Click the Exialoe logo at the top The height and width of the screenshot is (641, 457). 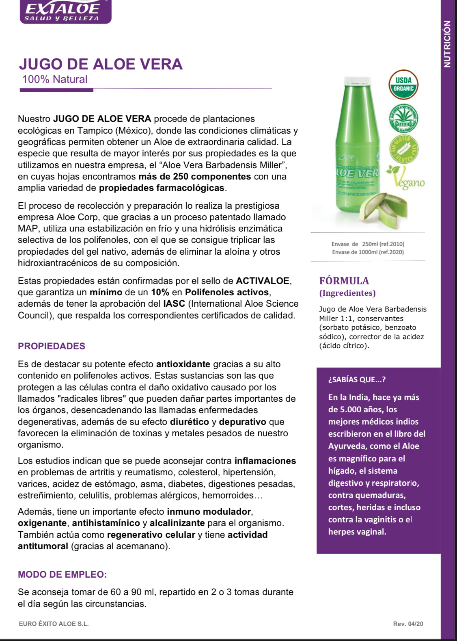(x=65, y=11)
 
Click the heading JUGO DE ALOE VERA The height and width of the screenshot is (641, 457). (x=101, y=64)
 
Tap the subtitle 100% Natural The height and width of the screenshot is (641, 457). (x=55, y=79)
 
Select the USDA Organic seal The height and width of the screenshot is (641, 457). (x=403, y=85)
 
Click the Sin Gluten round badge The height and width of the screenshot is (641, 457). (x=403, y=149)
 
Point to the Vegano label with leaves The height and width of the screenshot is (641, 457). (x=406, y=178)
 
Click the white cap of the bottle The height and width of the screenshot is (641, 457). (x=358, y=81)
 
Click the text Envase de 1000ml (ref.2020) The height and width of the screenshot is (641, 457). (x=368, y=252)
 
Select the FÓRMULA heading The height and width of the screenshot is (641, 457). (x=344, y=281)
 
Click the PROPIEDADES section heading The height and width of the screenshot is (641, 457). (x=52, y=346)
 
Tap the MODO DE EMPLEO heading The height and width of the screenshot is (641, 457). (x=63, y=574)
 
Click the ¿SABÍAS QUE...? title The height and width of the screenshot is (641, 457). (x=357, y=379)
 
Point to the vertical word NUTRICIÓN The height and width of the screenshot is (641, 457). (x=447, y=44)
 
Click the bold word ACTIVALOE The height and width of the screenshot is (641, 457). (x=263, y=281)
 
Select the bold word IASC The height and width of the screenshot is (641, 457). (x=174, y=303)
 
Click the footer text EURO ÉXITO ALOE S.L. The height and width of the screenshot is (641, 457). (x=54, y=624)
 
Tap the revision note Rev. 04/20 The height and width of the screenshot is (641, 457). (x=408, y=624)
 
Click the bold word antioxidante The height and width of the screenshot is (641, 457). (x=183, y=364)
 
